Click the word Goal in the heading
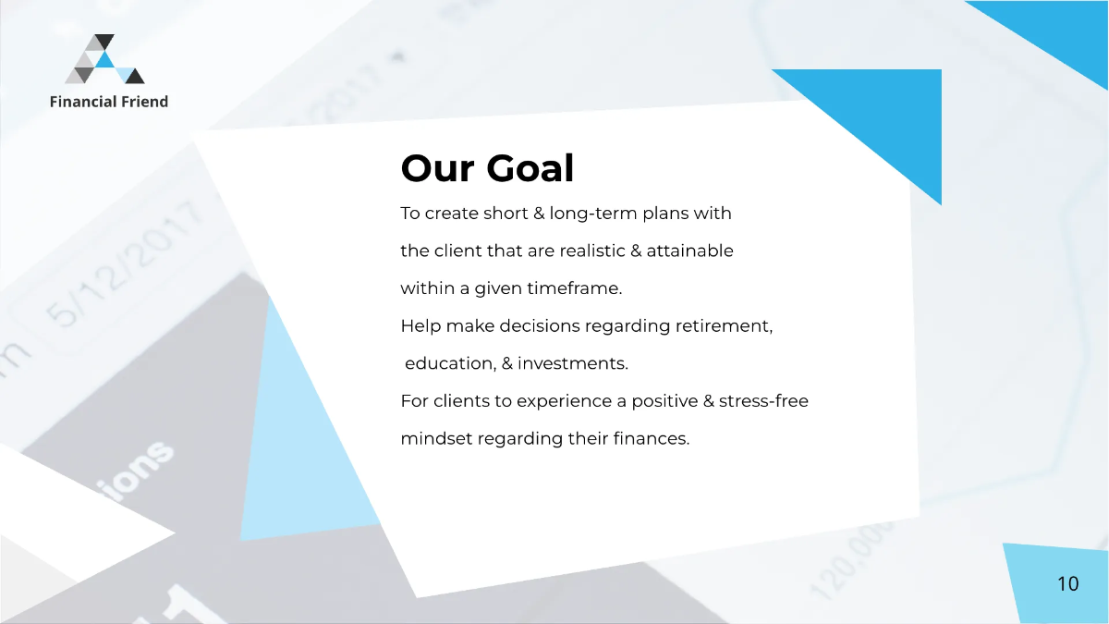point(530,169)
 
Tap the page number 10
point(1067,584)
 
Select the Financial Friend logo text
point(109,102)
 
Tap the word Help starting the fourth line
point(420,326)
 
